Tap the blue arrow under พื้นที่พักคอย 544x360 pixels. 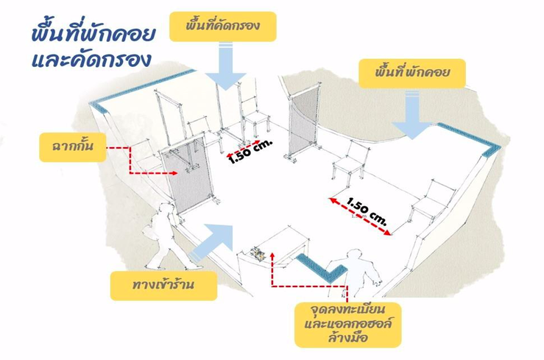pyautogui.click(x=417, y=116)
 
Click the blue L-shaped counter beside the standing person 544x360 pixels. pyautogui.click(x=324, y=267)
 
